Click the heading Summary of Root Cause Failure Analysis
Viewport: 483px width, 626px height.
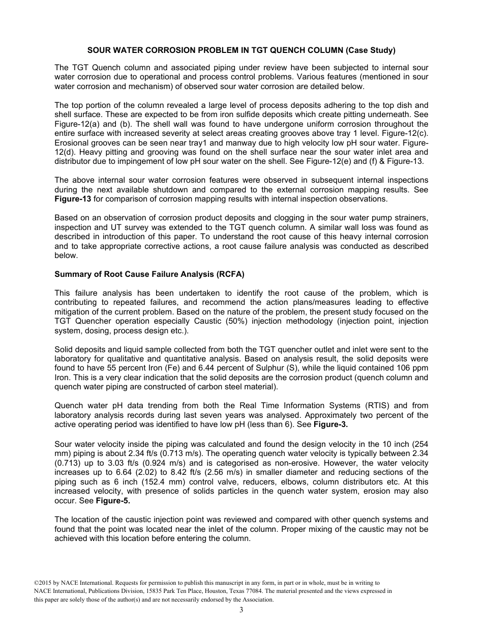[149, 274]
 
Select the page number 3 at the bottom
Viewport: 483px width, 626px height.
[242, 610]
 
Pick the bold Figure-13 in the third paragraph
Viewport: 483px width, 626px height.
[71, 198]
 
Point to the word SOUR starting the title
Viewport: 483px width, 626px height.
[97, 50]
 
